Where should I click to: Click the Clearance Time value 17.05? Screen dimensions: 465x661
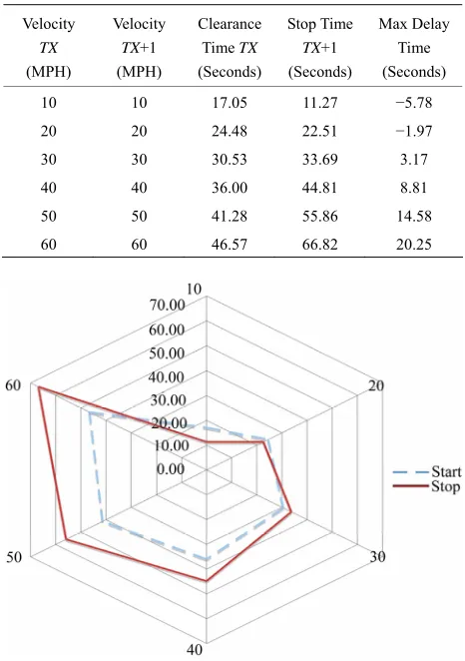click(x=230, y=103)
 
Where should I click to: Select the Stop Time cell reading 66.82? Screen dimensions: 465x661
click(x=319, y=245)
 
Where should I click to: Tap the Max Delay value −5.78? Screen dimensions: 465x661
click(x=414, y=103)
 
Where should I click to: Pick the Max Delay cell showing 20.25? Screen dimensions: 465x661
click(x=414, y=245)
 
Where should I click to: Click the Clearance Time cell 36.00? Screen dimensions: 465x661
click(x=230, y=188)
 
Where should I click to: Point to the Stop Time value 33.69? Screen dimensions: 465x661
click(x=319, y=160)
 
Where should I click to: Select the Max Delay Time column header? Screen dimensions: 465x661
click(x=414, y=48)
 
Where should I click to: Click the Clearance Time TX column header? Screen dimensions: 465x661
click(x=230, y=48)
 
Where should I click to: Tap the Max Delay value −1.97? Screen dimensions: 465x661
click(x=414, y=131)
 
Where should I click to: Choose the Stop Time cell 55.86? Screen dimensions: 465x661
click(x=319, y=217)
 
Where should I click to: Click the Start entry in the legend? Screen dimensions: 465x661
click(x=427, y=471)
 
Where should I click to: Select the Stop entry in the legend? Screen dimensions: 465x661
click(x=426, y=486)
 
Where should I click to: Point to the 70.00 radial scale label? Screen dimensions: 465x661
click(x=167, y=305)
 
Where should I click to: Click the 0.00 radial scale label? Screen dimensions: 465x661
click(x=171, y=468)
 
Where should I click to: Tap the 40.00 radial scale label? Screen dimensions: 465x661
click(x=167, y=376)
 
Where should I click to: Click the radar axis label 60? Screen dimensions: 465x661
click(x=13, y=384)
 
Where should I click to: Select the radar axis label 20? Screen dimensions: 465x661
click(x=376, y=385)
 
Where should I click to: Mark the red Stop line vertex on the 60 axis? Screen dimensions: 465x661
click(x=38, y=386)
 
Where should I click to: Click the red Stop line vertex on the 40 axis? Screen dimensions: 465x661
click(x=207, y=581)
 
